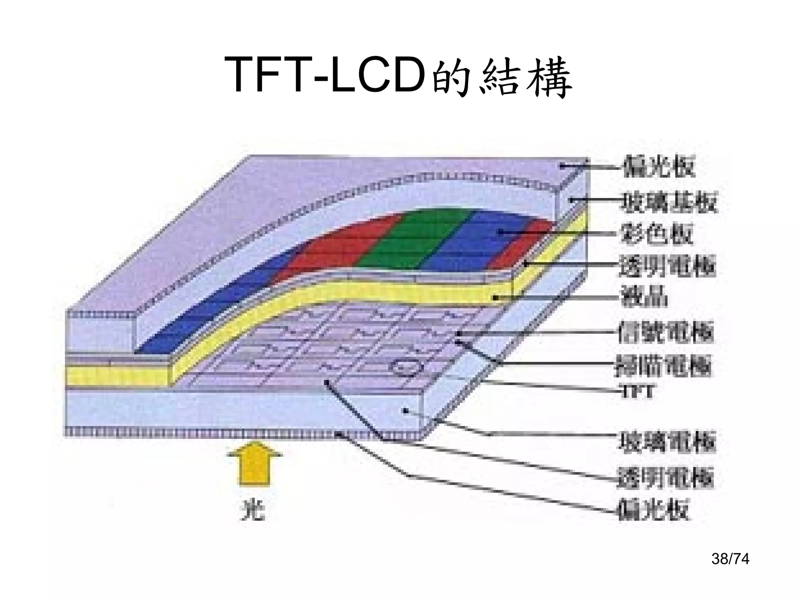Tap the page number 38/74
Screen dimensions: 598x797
(730, 559)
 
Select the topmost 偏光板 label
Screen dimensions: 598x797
(658, 167)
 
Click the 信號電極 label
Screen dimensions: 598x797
(665, 332)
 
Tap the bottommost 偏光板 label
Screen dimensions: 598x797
(654, 509)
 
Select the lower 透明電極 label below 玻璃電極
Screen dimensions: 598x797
(665, 477)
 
